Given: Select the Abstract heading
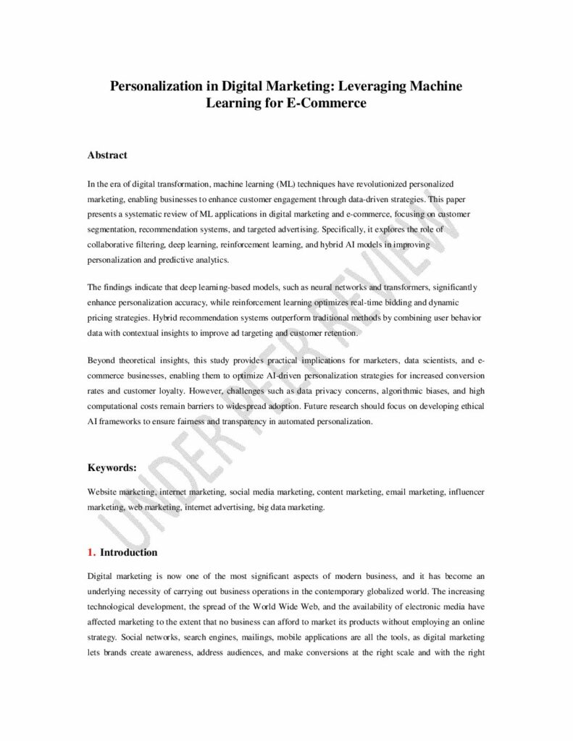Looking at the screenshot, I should tap(107, 155).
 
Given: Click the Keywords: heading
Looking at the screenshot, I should tap(112, 467).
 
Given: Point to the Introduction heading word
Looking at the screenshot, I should tap(128, 552).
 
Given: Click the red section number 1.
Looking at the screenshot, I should tap(91, 552).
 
